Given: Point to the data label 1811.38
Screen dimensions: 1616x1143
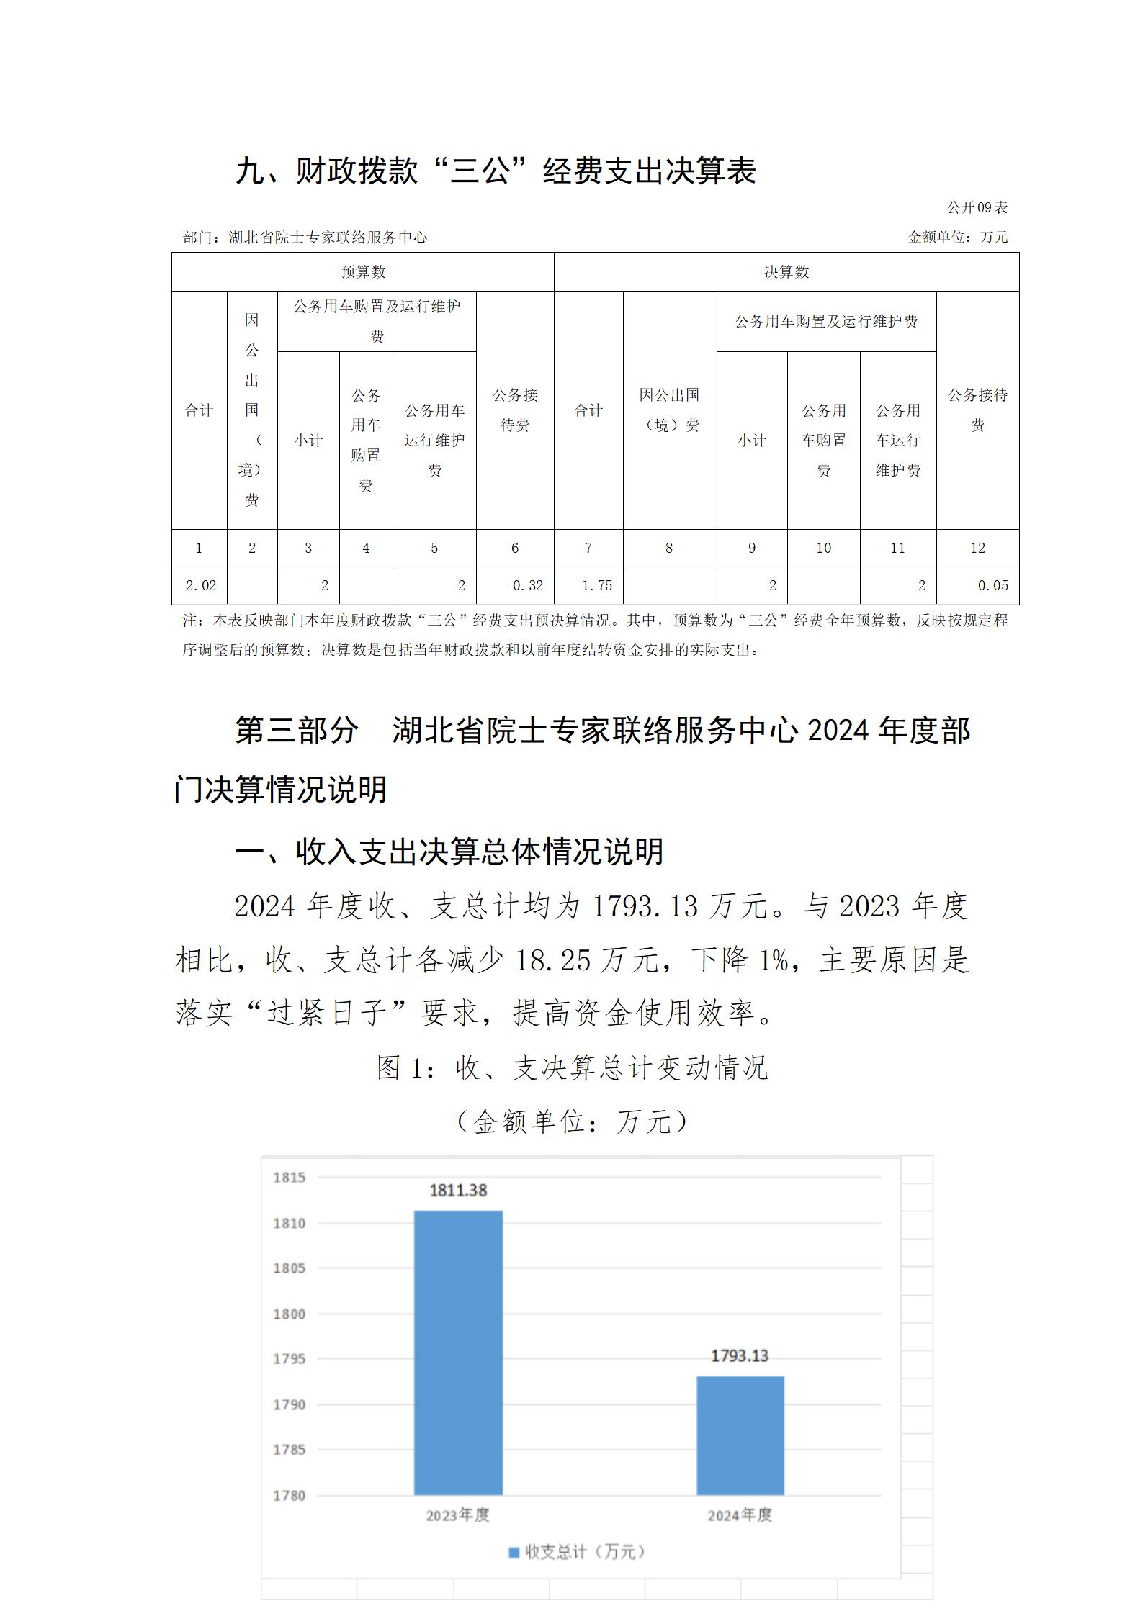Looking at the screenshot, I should pyautogui.click(x=458, y=1190).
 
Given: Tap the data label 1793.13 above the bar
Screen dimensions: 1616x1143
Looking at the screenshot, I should pyautogui.click(x=740, y=1355).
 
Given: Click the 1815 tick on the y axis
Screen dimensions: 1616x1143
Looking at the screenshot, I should pyautogui.click(x=289, y=1177).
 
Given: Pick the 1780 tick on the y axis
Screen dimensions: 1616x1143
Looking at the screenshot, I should pyautogui.click(x=289, y=1495).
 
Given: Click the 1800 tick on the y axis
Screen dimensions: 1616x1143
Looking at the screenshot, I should pyautogui.click(x=289, y=1314).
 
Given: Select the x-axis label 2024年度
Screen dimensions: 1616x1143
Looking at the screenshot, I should pyautogui.click(x=740, y=1515).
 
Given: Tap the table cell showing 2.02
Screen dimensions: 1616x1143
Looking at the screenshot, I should pyautogui.click(x=200, y=585).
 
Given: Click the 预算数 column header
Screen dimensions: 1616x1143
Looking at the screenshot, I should pyautogui.click(x=363, y=272).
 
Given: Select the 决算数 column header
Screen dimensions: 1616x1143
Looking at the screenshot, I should pyautogui.click(x=786, y=272).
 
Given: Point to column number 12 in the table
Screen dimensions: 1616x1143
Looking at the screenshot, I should pyautogui.click(x=977, y=548).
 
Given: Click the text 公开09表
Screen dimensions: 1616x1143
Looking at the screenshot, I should pyautogui.click(x=977, y=207).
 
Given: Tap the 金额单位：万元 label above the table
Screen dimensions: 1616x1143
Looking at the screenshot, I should pyautogui.click(x=958, y=237).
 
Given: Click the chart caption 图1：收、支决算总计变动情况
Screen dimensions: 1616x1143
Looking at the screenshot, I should pyautogui.click(x=573, y=1067).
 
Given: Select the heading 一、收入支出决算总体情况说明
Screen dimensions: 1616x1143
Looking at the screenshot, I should pyautogui.click(x=449, y=851).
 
